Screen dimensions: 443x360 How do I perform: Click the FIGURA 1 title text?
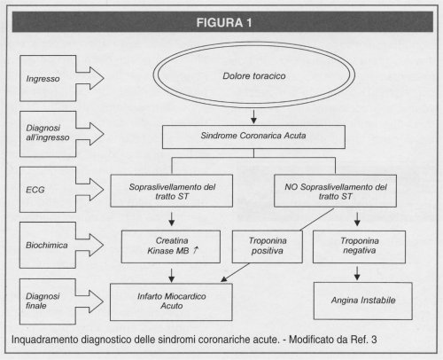[x=224, y=22]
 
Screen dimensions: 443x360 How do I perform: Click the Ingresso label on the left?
[x=43, y=79]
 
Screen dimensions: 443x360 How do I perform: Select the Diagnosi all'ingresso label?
[x=48, y=133]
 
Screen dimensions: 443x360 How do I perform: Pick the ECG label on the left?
[x=35, y=190]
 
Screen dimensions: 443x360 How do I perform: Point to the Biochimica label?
[x=47, y=245]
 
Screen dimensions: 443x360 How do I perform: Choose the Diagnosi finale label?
[x=43, y=301]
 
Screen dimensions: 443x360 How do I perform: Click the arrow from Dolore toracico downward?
[x=253, y=117]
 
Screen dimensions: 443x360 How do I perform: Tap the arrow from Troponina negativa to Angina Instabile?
[x=357, y=273]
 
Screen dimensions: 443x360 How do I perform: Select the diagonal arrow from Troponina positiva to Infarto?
[x=235, y=272]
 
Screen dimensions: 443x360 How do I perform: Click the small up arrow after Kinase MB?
[x=196, y=250]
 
